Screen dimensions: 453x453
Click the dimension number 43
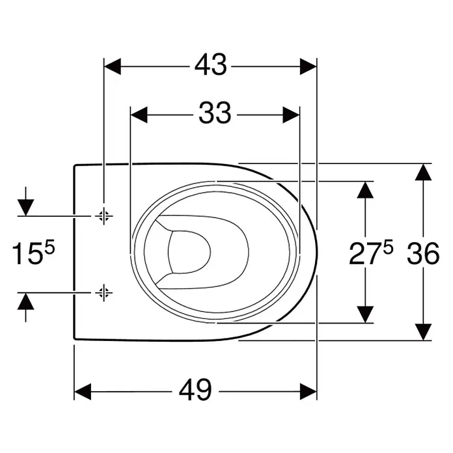pyautogui.click(x=211, y=64)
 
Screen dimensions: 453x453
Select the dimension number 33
pyautogui.click(x=215, y=113)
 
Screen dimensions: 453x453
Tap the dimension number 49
pyautogui.click(x=195, y=389)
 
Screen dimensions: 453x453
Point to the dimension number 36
pyautogui.click(x=423, y=253)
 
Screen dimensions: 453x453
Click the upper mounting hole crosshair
pyautogui.click(x=103, y=215)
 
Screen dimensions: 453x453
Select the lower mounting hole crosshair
pyautogui.click(x=103, y=293)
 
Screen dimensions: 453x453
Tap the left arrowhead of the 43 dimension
pyautogui.click(x=113, y=66)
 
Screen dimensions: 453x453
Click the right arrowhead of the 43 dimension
pyautogui.click(x=309, y=66)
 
